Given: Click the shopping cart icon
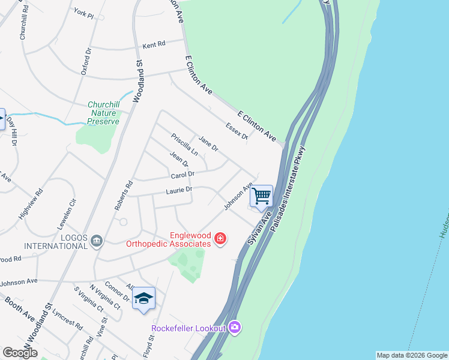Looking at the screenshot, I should (261, 196).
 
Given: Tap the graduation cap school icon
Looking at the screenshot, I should (143, 298).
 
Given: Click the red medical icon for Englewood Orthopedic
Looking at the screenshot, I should (220, 239).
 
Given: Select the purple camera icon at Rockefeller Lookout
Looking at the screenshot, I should (235, 327).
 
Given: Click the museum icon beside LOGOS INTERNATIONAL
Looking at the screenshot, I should (97, 241).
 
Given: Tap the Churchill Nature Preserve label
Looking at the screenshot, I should (104, 112).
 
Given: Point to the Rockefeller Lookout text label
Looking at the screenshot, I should (188, 328).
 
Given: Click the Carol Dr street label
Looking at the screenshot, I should (182, 175).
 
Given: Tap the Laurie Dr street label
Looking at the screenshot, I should (179, 190).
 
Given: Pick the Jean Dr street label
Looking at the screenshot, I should (179, 159).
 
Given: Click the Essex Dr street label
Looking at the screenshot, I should (237, 131).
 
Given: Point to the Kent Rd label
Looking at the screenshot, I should (153, 46).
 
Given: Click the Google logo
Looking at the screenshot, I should (20, 353).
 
